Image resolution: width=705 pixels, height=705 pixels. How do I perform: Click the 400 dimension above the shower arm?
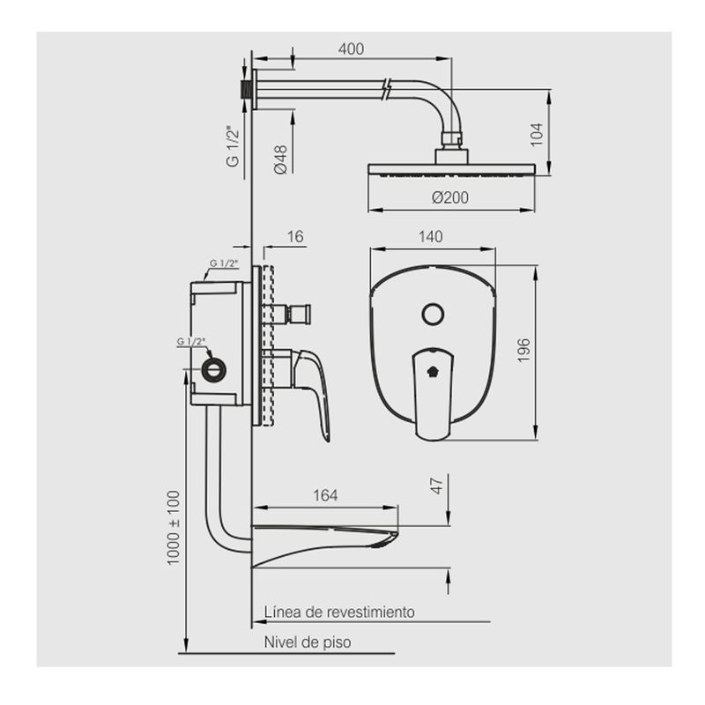tap(351, 48)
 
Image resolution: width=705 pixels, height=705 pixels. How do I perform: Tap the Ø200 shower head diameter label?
tap(450, 197)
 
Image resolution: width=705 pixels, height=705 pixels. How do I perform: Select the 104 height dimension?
tap(537, 135)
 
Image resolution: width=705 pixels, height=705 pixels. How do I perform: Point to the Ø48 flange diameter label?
tap(280, 160)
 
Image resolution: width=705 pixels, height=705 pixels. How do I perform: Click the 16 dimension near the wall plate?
tap(295, 236)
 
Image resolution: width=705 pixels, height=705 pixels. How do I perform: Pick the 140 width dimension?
tap(430, 236)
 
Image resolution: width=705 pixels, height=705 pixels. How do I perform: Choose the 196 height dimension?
tap(523, 350)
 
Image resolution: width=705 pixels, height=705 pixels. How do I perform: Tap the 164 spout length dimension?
tap(325, 495)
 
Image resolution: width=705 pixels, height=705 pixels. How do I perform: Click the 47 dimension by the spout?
tap(437, 486)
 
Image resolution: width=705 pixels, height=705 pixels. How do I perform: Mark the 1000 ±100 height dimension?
tap(173, 527)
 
